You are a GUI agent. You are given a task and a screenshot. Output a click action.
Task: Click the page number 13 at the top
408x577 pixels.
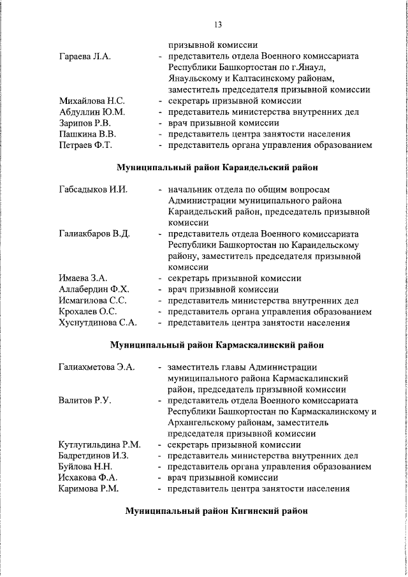click(217, 25)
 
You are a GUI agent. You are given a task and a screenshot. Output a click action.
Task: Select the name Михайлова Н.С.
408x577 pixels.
click(92, 101)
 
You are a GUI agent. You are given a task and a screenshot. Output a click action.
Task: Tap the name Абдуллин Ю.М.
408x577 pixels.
click(91, 112)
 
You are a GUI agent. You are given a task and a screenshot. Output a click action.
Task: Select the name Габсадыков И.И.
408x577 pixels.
click(93, 190)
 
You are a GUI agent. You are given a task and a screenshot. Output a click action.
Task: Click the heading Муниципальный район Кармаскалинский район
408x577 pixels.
click(217, 345)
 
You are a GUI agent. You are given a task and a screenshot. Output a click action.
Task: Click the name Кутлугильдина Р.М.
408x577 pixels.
click(100, 445)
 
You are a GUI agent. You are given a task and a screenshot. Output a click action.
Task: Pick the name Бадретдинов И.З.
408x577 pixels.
click(94, 456)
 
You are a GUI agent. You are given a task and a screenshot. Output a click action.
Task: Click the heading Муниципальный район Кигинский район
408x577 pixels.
click(217, 511)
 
